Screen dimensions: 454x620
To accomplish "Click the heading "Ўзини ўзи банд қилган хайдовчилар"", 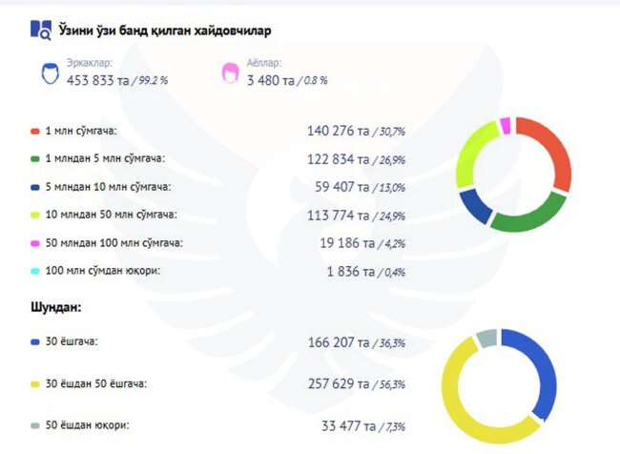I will click(164, 31).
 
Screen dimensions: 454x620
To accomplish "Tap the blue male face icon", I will click(50, 73).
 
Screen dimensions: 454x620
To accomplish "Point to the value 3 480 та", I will click(269, 80).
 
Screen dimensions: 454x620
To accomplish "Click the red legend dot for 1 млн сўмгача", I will click(35, 130).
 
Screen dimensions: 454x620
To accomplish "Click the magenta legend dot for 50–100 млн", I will click(35, 243).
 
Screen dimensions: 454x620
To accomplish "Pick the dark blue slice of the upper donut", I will click(473, 204).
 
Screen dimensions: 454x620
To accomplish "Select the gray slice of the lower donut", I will click(486, 338).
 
